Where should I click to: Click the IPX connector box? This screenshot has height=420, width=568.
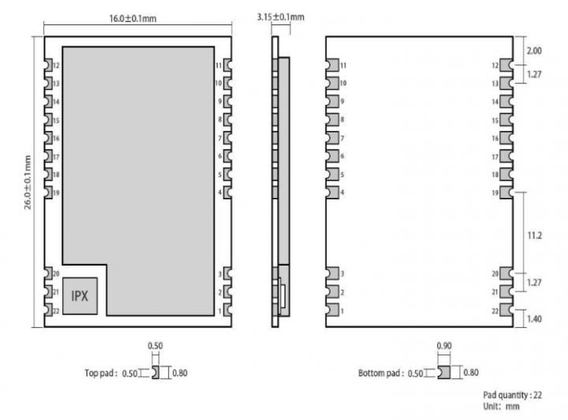pos(80,296)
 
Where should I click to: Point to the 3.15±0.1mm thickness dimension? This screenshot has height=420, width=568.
pos(281,17)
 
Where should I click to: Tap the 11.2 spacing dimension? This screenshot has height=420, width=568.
pos(534,235)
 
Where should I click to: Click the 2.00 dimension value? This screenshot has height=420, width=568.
pos(534,50)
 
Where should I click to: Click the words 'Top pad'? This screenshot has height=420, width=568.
pos(101,374)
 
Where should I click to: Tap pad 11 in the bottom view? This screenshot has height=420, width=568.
pos(332,65)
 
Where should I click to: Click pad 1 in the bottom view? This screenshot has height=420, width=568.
pos(332,311)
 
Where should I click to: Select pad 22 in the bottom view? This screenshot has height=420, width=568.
pos(505,311)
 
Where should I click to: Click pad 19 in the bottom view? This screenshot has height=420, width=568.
pos(505,192)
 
